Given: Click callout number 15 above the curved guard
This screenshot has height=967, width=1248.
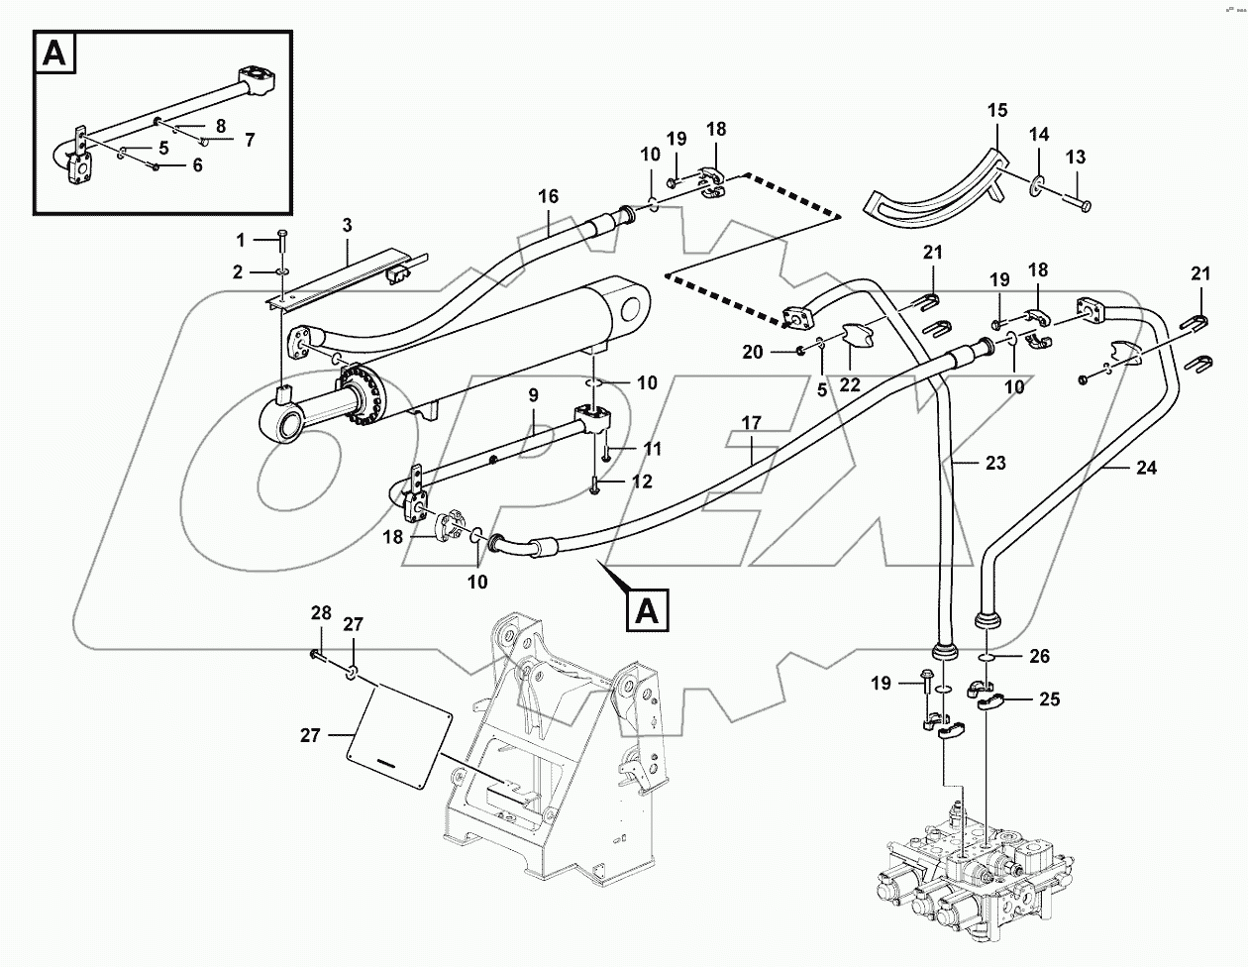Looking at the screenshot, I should (x=996, y=109).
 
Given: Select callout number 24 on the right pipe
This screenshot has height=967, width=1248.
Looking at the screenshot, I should (x=1146, y=469).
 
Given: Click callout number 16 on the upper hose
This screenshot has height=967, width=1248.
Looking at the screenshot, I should (x=550, y=197).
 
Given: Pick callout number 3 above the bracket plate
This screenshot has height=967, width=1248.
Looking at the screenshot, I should (x=347, y=226).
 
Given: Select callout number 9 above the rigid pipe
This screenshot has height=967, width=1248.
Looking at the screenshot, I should (x=533, y=394).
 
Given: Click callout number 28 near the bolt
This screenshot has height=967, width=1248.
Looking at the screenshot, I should (x=320, y=613).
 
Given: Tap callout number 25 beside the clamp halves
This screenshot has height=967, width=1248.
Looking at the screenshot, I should (x=1049, y=699).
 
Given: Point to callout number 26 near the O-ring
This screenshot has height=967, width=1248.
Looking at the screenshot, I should (x=1038, y=656).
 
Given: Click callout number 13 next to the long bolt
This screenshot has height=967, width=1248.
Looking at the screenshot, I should (x=1075, y=157).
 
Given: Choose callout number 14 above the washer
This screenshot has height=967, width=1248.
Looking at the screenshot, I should (x=1037, y=134).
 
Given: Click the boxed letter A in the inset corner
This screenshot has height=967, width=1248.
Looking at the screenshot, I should (x=56, y=55).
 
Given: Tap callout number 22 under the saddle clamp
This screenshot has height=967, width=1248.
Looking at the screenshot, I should (x=850, y=385).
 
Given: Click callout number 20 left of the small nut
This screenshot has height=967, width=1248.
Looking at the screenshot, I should (x=753, y=352).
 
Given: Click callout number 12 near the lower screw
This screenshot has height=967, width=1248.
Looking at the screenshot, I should (x=642, y=482).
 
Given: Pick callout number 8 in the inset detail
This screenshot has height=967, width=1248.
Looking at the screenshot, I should (x=220, y=126).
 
